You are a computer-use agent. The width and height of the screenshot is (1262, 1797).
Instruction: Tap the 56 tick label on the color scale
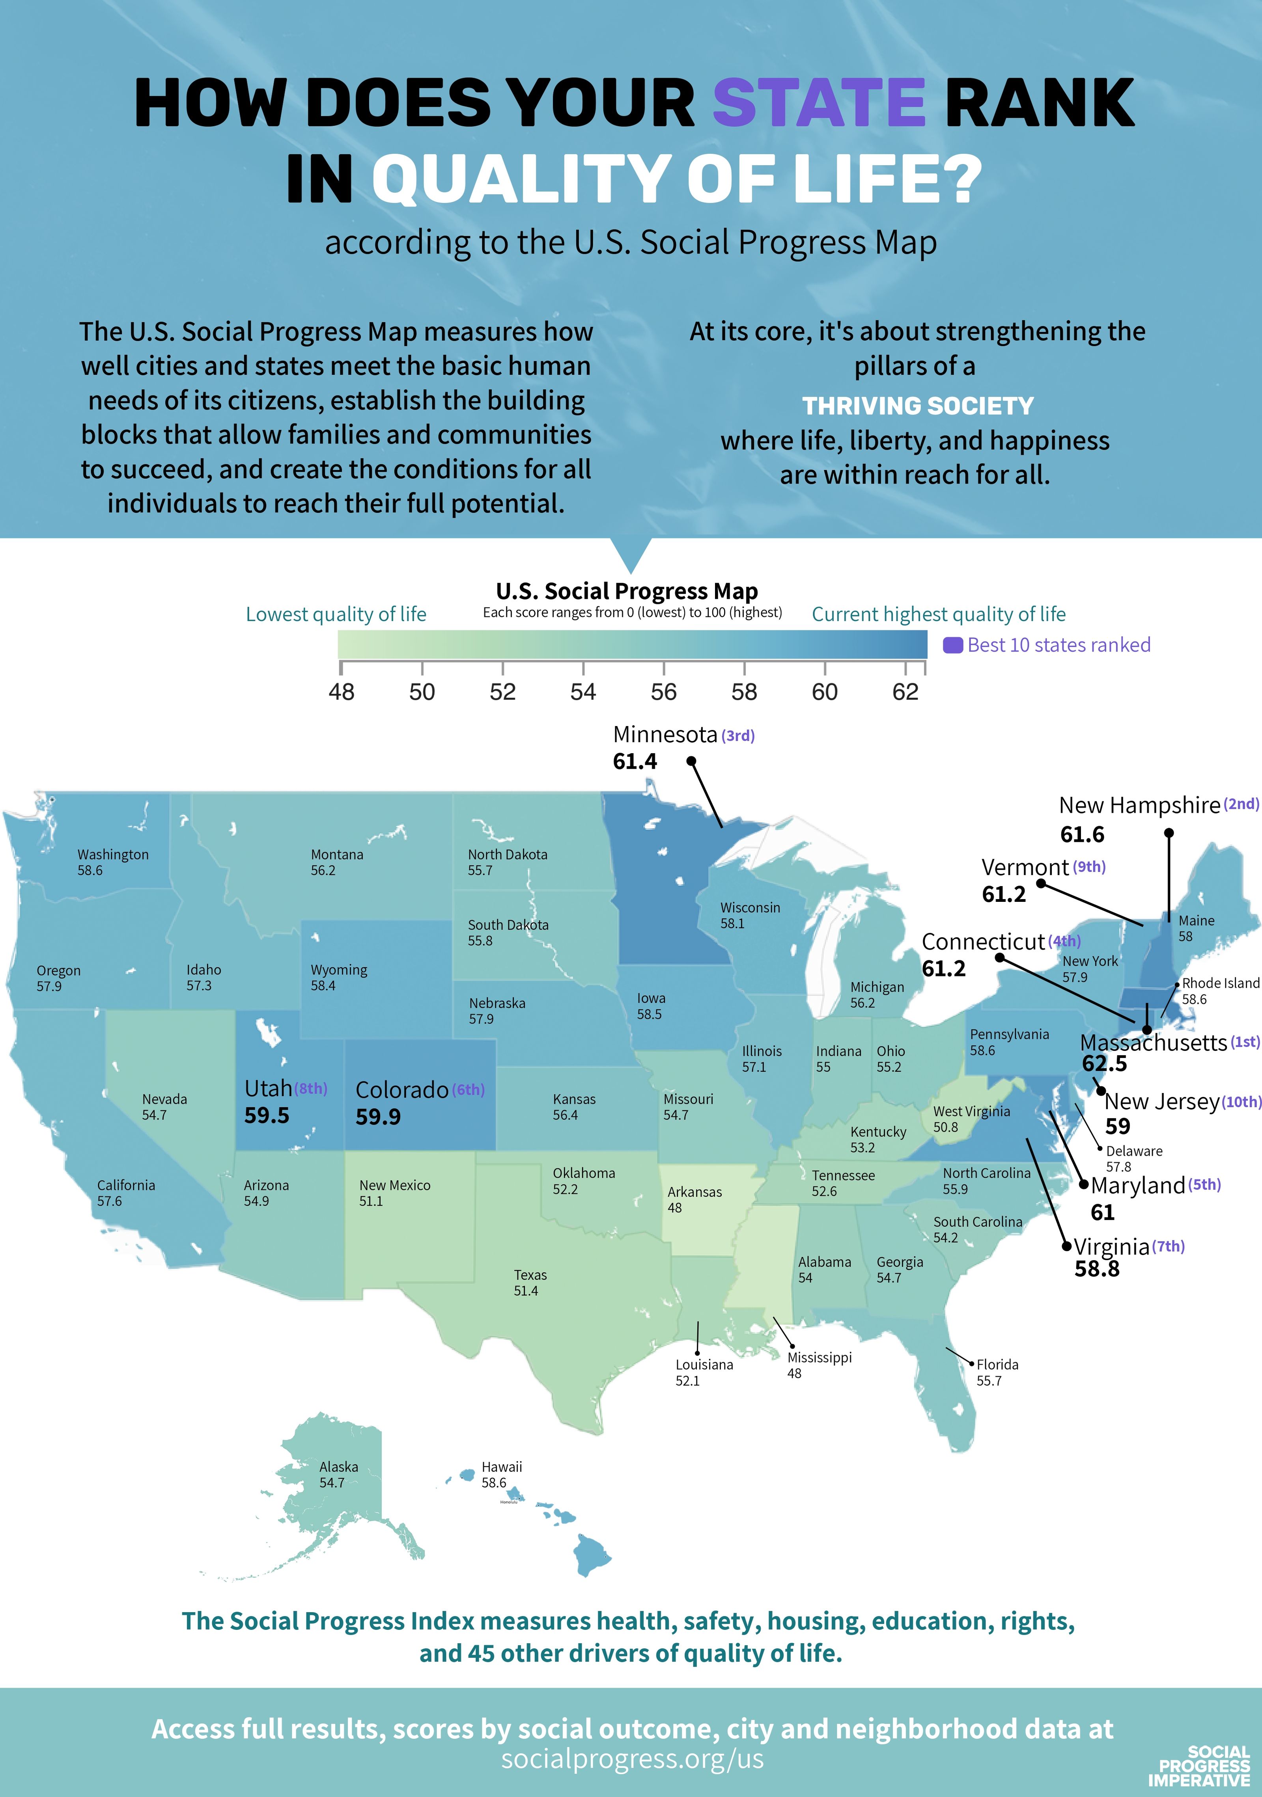(x=663, y=692)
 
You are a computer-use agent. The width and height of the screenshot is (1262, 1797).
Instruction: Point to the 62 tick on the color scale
(x=905, y=692)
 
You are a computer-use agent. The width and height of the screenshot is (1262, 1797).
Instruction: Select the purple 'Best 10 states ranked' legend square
(x=952, y=645)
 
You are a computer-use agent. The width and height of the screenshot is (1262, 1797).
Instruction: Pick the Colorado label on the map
(x=401, y=1089)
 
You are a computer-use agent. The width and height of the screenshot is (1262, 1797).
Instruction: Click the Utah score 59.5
(x=266, y=1115)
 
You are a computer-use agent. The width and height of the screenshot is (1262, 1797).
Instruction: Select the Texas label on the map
(x=530, y=1275)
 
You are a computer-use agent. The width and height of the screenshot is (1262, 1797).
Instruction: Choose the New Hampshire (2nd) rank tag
(x=1241, y=804)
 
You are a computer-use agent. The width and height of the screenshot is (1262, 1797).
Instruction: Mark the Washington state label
(x=113, y=855)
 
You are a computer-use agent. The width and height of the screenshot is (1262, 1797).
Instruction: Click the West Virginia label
(x=971, y=1112)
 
